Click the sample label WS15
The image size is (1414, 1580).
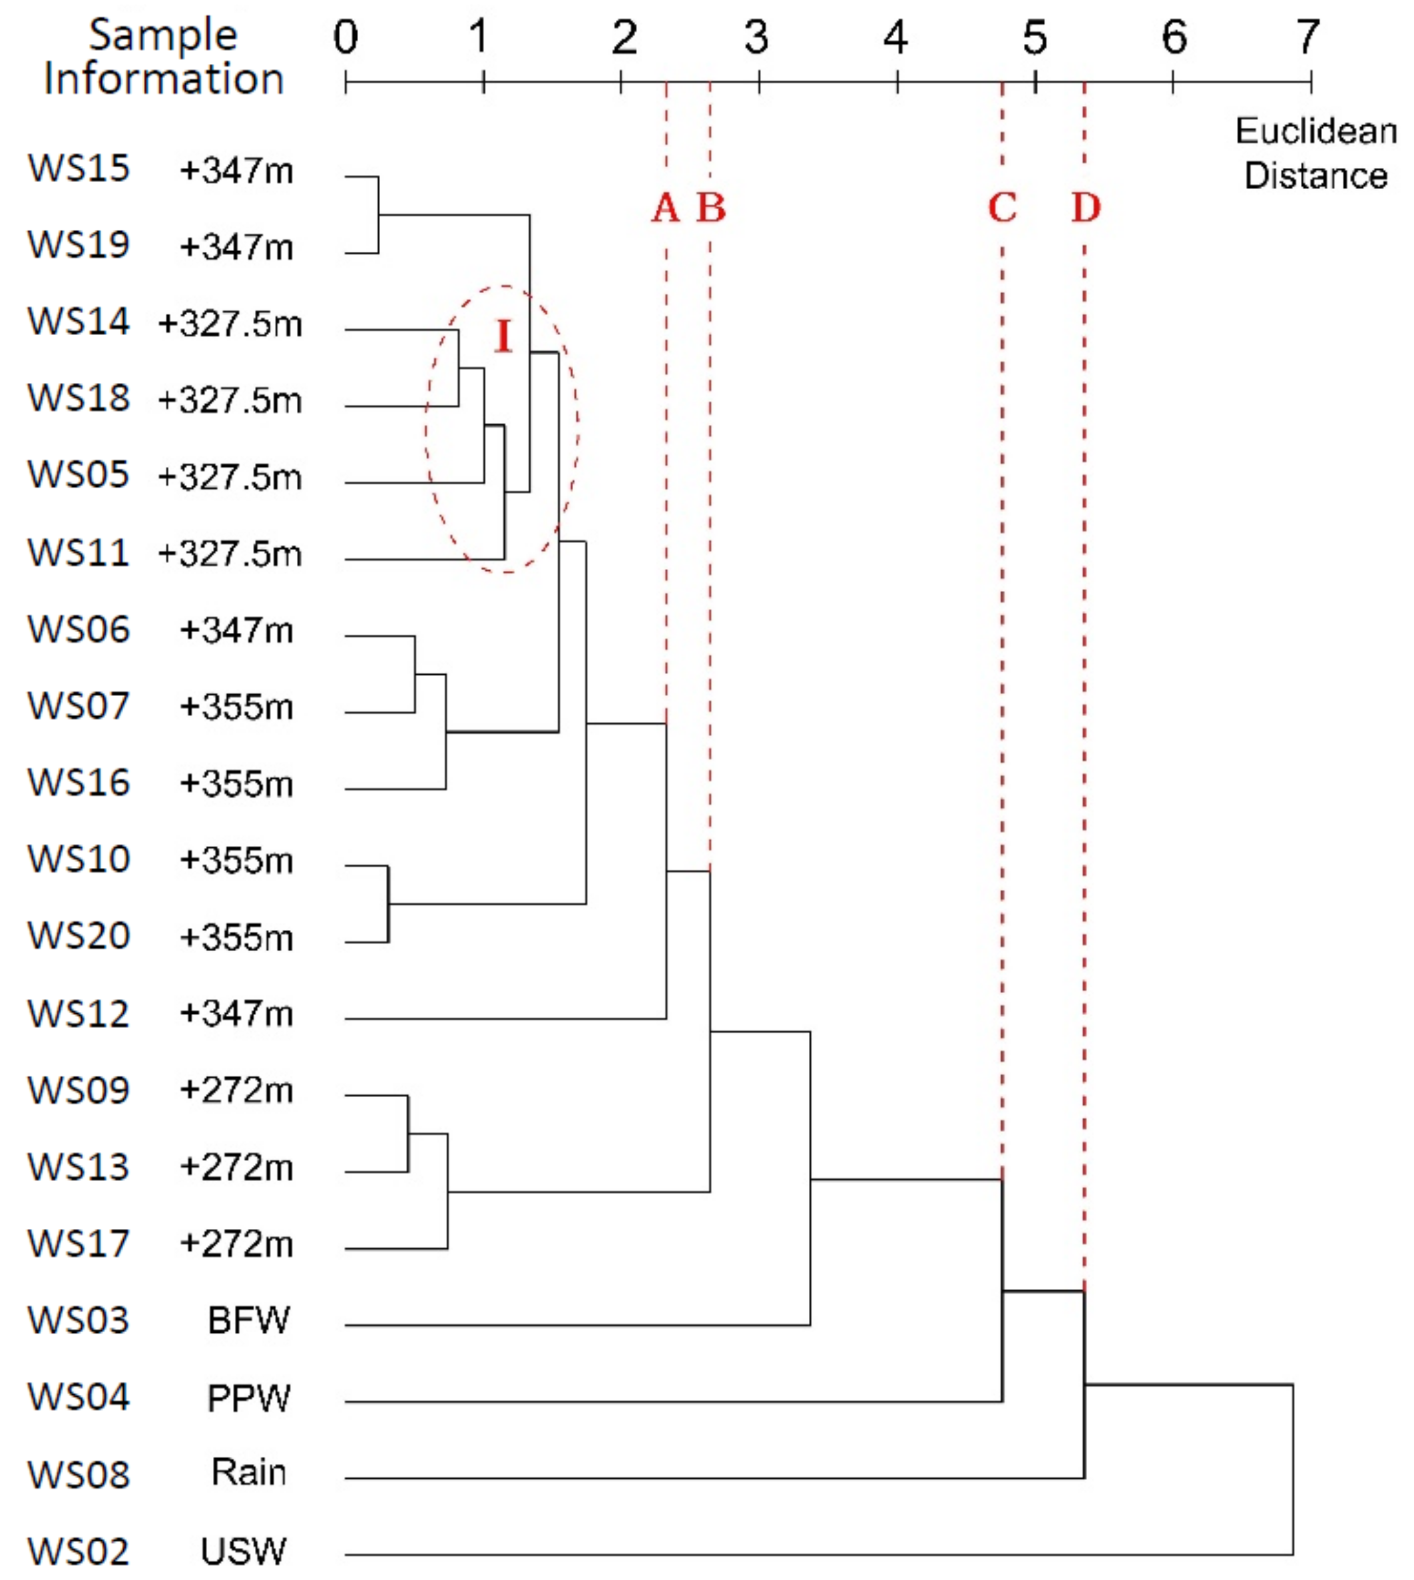click(79, 169)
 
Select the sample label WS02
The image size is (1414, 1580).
click(79, 1551)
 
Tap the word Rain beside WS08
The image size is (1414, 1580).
click(248, 1472)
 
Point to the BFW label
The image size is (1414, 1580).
click(248, 1320)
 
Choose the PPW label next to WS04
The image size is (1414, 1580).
click(248, 1398)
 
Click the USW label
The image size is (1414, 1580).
click(244, 1551)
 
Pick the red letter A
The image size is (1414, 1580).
click(666, 208)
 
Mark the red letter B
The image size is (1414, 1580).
click(711, 208)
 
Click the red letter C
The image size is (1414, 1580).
click(1002, 208)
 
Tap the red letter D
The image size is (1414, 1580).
click(1086, 208)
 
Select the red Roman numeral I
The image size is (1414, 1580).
click(503, 336)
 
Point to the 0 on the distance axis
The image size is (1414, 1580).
click(346, 37)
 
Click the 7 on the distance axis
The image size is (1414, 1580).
click(1308, 37)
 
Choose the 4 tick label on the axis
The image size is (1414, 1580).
click(896, 37)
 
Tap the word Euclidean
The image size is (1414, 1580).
click(1316, 131)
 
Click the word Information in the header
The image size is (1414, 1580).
click(164, 79)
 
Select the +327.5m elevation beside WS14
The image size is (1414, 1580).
click(230, 323)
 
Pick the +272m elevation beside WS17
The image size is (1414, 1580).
click(236, 1244)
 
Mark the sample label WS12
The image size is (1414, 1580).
click(79, 1013)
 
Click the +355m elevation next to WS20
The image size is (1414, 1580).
click(236, 937)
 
